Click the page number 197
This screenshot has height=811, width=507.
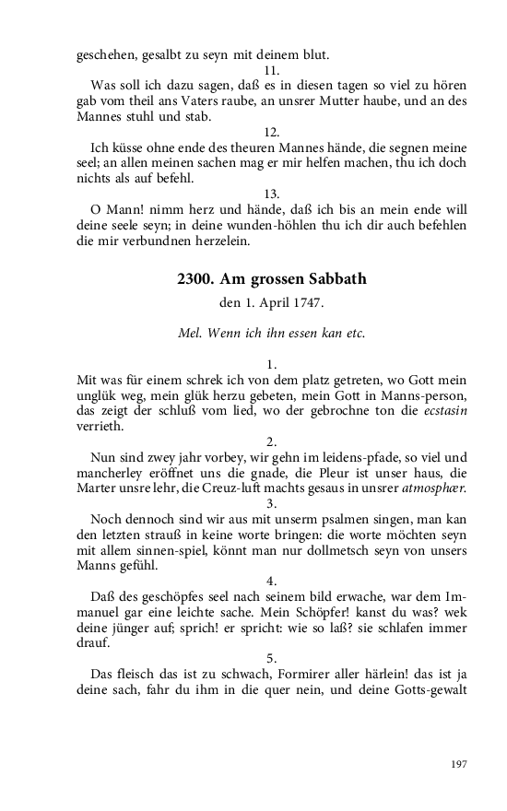coord(459,764)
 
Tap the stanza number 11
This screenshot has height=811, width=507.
coord(271,70)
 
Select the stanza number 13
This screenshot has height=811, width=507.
coord(271,194)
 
